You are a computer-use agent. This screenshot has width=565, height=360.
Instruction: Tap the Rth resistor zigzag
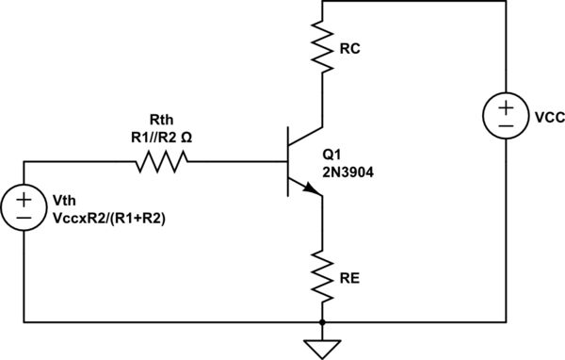pyautogui.click(x=162, y=162)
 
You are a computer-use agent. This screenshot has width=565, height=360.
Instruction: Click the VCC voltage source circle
pyautogui.click(x=507, y=116)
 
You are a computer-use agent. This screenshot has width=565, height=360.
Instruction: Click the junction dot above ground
pyautogui.click(x=322, y=322)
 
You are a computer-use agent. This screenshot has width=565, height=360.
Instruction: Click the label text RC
pyautogui.click(x=348, y=48)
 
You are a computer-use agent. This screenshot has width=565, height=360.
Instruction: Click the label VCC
pyautogui.click(x=548, y=119)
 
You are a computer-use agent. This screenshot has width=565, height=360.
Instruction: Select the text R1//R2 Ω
pyautogui.click(x=163, y=136)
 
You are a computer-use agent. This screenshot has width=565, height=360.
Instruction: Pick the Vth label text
pyautogui.click(x=63, y=202)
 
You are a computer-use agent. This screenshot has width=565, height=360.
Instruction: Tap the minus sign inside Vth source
pyautogui.click(x=24, y=218)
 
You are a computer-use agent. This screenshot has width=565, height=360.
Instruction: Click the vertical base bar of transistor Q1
pyautogui.click(x=289, y=163)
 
